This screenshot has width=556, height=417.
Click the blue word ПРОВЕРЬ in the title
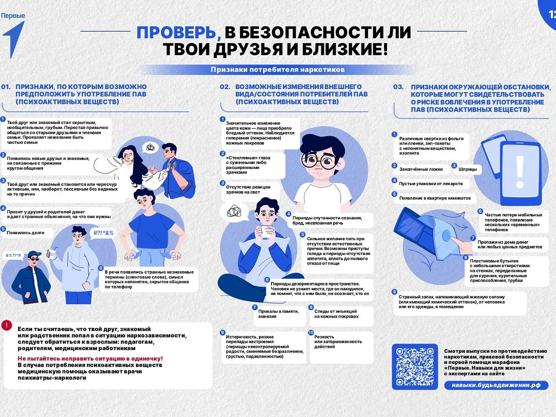tap(176, 33)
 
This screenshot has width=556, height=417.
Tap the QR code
tap(415, 367)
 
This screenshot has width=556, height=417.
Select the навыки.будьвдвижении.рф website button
tap(496, 385)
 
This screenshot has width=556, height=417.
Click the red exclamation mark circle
tap(7, 325)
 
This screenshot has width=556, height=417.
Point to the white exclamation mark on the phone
tap(520, 172)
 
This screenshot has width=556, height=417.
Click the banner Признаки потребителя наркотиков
tap(278, 69)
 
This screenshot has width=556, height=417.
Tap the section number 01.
tap(6, 87)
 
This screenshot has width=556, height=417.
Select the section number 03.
tap(398, 87)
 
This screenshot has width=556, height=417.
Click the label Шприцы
tap(467, 169)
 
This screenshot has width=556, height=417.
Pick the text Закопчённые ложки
tap(421, 169)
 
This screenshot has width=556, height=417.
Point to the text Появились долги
tap(25, 233)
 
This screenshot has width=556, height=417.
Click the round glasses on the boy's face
tap(319, 160)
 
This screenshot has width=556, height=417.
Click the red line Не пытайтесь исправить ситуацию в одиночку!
tap(90, 358)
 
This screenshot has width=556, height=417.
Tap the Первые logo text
tap(13, 16)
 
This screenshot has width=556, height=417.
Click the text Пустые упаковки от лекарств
tap(431, 184)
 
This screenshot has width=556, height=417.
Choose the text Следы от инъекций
tap(335, 311)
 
